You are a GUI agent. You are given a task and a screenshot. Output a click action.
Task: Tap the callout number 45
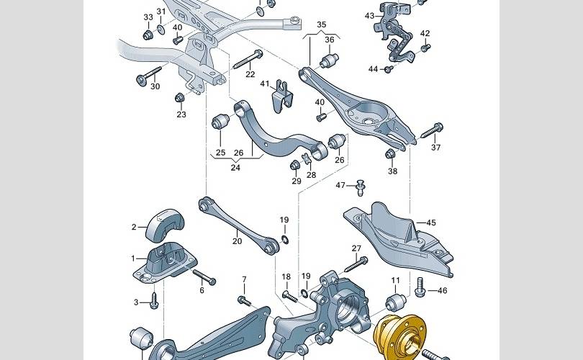tap(431, 222)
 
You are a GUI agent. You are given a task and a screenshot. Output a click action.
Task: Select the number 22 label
tap(250, 74)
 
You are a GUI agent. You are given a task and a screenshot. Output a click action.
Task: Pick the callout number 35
tap(321, 24)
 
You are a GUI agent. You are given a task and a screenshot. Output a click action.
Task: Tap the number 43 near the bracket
tap(369, 15)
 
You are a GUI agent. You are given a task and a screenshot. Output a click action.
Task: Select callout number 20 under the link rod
tap(237, 241)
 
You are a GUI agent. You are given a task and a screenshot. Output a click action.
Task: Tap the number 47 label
tap(341, 186)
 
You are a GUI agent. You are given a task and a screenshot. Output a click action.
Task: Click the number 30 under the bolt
tap(155, 86)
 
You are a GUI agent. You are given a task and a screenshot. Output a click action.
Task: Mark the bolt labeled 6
tap(200, 276)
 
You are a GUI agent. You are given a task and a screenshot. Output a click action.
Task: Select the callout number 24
tap(235, 168)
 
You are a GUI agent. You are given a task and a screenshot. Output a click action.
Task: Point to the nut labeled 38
tap(392, 154)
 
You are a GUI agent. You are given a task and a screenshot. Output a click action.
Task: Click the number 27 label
tap(356, 248)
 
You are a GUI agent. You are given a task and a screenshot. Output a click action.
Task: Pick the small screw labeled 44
tap(389, 69)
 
